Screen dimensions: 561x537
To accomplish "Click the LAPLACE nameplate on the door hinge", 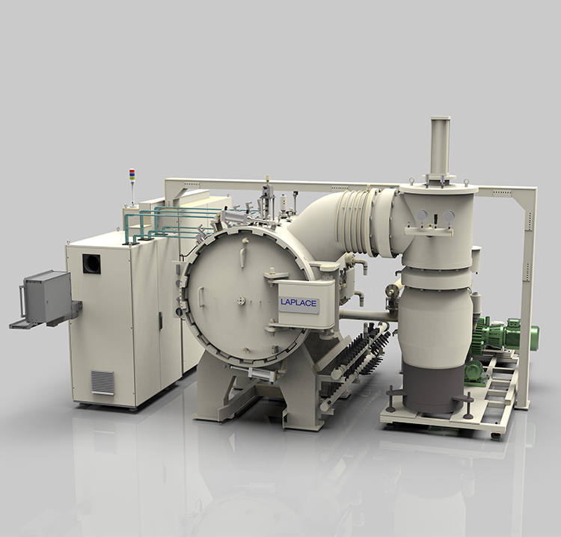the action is pyautogui.click(x=298, y=304).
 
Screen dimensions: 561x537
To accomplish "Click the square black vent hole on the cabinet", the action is pyautogui.click(x=91, y=264).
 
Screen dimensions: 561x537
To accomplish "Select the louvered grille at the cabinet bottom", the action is pyautogui.click(x=102, y=382).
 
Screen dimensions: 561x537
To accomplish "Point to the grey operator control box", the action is pyautogui.click(x=46, y=297).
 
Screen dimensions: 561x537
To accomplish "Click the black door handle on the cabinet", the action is pyautogui.click(x=161, y=321).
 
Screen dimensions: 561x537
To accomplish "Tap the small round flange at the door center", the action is pyautogui.click(x=242, y=301).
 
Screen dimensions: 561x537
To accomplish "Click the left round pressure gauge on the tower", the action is pyautogui.click(x=421, y=215).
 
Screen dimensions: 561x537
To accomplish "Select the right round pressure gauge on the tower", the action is pyautogui.click(x=449, y=215).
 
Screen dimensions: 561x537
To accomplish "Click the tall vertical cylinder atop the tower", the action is pyautogui.click(x=441, y=146).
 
